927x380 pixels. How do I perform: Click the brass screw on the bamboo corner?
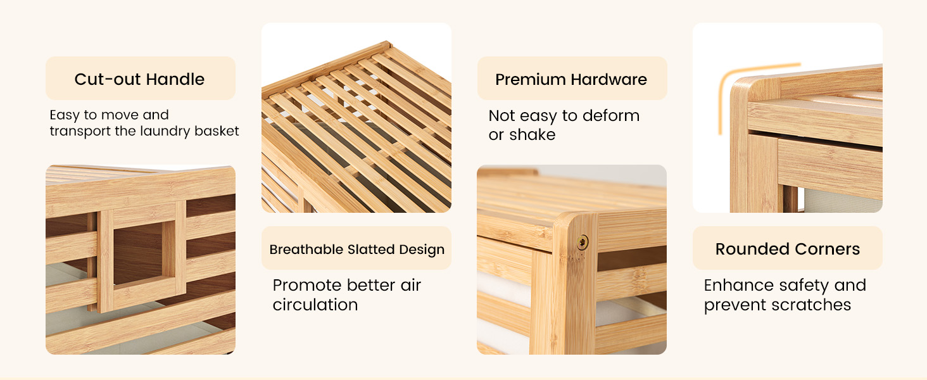tap(582, 242)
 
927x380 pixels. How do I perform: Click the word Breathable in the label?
tap(306, 250)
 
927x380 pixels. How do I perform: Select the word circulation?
tap(315, 305)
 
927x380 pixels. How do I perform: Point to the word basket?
tap(218, 132)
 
